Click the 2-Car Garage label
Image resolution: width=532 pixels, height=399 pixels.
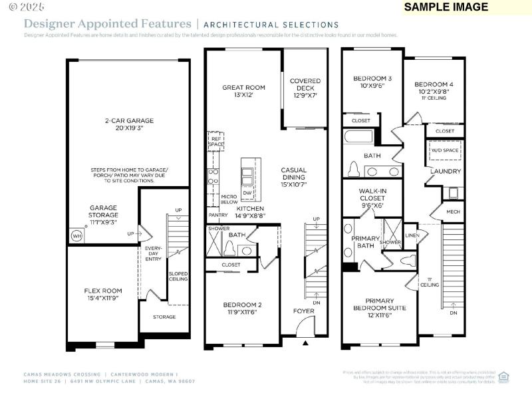pos(129,124)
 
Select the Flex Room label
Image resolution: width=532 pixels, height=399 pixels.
pos(103,295)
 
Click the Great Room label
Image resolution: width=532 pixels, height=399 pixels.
pos(243,91)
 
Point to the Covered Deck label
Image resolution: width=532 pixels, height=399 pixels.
pos(305,88)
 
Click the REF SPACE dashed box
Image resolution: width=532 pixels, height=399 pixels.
pos(216,141)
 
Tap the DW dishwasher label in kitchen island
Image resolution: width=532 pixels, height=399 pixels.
pos(247,194)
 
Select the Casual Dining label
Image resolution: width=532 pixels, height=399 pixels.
pos(293,174)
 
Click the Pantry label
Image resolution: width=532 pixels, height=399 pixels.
pos(217,215)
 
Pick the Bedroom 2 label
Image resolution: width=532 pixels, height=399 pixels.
pos(242,309)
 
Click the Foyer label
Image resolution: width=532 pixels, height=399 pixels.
pos(304,311)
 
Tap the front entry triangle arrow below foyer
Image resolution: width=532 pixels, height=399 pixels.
pos(305,343)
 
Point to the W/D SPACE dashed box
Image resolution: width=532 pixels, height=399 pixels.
pos(445,151)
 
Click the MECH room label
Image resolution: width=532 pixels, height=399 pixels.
pos(453,212)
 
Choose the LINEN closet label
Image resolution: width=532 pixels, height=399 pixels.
pos(412,235)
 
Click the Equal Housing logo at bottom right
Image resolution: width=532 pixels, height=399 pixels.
pos(503,376)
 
